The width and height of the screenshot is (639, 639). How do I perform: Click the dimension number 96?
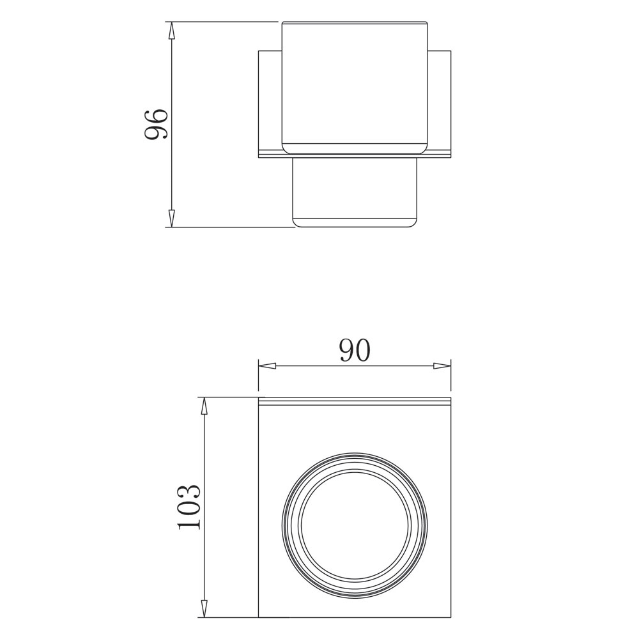(156, 124)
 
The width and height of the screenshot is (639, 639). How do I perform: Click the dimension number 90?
(355, 350)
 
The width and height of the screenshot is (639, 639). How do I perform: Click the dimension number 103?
(189, 507)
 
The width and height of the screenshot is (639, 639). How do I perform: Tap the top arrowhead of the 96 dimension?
(171, 30)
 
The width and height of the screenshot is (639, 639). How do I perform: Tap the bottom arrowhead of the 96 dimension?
(171, 219)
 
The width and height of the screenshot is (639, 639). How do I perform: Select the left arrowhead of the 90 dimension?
(267, 366)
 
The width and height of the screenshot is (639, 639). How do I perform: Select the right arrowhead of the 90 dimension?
(442, 366)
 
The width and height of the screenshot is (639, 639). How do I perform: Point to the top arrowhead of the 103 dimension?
(204, 406)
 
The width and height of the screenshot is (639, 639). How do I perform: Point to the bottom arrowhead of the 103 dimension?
(204, 619)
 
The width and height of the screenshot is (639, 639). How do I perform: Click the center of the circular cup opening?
(355, 525)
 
